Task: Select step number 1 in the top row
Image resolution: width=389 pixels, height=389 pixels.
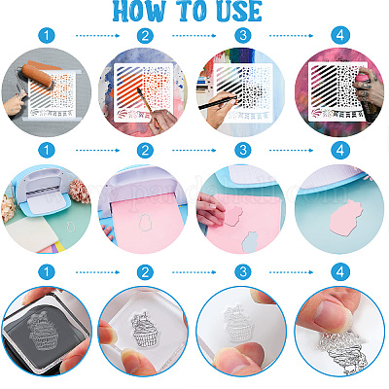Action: click(47, 35)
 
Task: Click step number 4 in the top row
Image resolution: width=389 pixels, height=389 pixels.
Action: click(340, 35)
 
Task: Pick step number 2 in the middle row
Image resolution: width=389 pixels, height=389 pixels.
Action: click(145, 150)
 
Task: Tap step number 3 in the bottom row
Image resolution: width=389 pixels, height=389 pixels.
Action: click(243, 271)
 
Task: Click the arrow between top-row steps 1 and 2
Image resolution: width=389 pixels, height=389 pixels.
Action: click(97, 35)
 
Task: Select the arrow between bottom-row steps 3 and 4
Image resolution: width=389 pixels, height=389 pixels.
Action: click(291, 272)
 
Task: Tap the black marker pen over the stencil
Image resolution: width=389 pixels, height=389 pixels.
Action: click(218, 101)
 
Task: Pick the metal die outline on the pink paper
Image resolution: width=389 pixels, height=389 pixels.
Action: click(145, 223)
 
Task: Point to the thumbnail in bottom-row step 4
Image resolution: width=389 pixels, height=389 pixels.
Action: click(331, 314)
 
